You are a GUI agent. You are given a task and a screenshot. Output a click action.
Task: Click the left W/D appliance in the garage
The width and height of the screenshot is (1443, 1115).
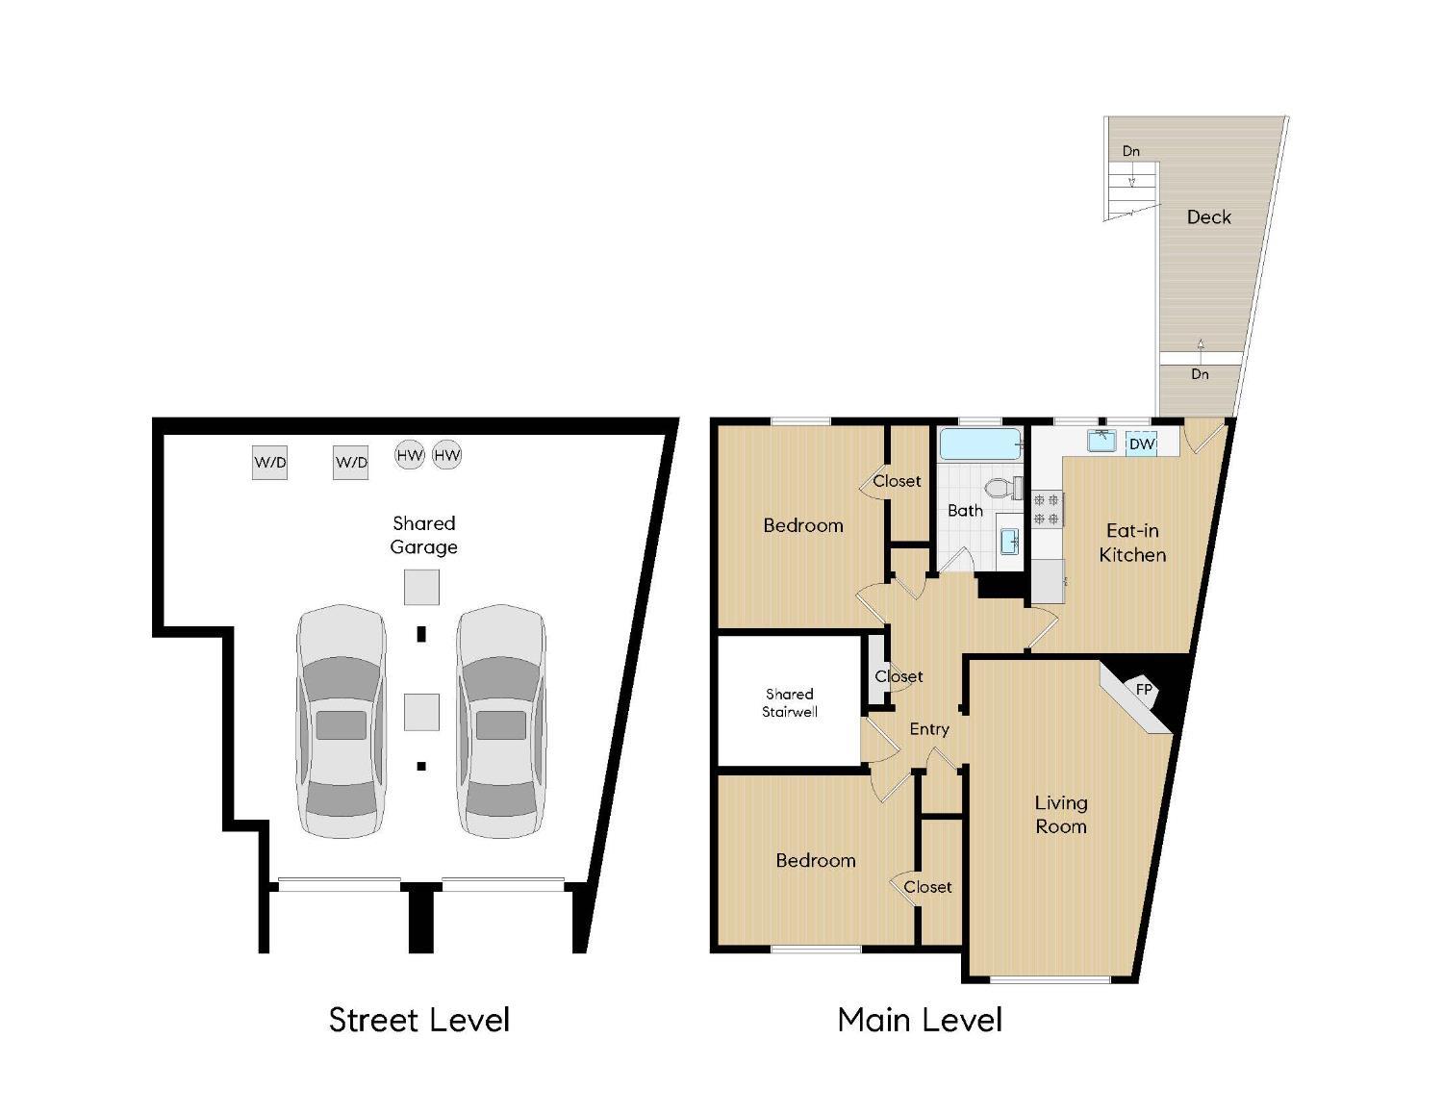(269, 463)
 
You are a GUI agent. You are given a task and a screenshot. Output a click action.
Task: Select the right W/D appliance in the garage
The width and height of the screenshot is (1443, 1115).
(351, 463)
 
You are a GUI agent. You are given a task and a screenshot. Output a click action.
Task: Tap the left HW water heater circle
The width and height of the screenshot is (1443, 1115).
(410, 455)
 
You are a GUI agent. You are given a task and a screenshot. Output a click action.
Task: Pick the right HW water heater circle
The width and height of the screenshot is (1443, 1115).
(447, 455)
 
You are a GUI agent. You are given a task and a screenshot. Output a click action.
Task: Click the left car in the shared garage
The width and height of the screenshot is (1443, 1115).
(341, 722)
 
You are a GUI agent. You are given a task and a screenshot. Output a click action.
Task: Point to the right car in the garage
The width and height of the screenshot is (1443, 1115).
(501, 722)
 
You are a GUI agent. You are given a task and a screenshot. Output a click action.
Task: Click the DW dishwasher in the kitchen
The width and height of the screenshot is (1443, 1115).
(1141, 443)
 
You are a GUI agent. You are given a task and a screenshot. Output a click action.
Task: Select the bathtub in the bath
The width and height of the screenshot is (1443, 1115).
(980, 444)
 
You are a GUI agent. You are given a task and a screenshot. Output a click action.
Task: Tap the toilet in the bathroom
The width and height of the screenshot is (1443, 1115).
(1005, 489)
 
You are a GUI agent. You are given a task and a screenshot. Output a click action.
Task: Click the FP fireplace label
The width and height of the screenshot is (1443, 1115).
(1144, 690)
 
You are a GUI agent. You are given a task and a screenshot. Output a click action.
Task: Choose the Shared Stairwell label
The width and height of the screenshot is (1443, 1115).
(790, 703)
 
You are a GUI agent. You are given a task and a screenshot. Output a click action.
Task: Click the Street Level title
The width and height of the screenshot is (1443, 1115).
(419, 1020)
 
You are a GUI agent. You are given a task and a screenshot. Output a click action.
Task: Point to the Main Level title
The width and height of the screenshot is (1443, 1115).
(920, 1020)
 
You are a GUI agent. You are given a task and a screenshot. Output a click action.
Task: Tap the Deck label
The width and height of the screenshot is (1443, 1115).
(1208, 217)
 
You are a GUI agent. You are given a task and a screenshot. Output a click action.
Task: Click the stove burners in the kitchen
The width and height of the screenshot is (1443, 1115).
(1047, 510)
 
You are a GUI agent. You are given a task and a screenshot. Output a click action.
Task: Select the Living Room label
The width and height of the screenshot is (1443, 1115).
(1061, 814)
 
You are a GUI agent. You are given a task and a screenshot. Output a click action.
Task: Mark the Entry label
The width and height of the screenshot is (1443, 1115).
(929, 729)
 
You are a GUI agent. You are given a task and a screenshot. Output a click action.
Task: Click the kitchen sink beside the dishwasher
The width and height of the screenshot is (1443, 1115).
(1102, 442)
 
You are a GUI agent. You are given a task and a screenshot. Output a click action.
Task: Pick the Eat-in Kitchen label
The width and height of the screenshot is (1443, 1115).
(1132, 543)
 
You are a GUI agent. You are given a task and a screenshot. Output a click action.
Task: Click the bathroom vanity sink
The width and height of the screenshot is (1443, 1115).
(1010, 542)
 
